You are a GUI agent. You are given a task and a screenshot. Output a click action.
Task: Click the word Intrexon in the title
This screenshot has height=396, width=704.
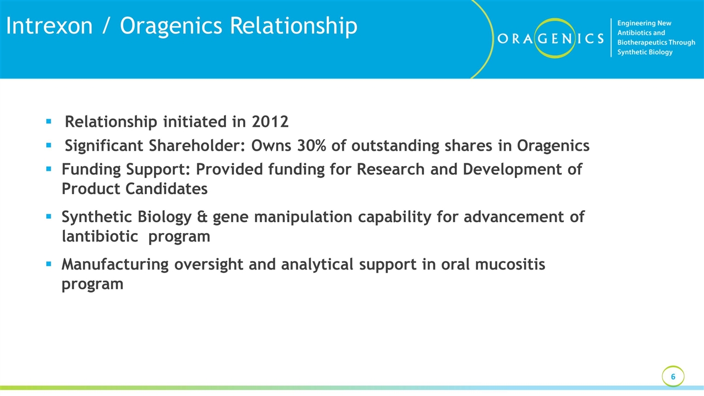49,26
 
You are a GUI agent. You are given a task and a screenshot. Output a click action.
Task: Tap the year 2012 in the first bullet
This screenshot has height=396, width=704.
270,122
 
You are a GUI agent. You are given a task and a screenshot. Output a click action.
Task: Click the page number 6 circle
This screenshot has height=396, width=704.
673,377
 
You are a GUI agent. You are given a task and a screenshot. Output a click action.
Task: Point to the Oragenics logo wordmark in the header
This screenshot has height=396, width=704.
550,38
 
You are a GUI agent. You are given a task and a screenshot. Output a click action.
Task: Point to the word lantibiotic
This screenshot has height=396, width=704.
100,237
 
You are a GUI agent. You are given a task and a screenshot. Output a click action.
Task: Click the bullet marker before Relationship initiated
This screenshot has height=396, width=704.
49,122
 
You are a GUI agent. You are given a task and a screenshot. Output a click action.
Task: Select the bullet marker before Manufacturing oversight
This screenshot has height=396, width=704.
49,265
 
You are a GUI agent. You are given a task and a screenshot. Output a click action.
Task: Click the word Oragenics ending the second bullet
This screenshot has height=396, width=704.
553,146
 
